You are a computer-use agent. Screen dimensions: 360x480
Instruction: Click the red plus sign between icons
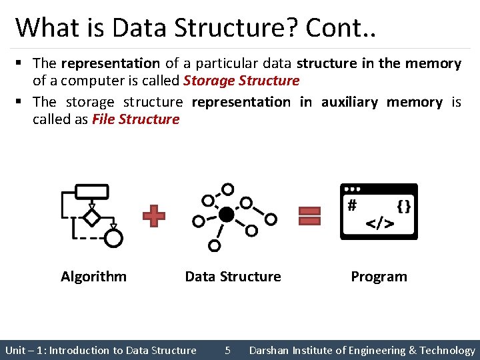tap(154, 216)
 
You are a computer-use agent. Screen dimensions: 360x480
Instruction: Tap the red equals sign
tap(309, 216)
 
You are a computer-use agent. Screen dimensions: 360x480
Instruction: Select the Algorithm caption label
tap(93, 277)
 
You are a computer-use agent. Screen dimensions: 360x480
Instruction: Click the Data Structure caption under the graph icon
tap(233, 277)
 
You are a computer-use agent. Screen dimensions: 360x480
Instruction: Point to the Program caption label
tap(379, 277)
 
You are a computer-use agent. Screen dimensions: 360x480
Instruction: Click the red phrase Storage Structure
tap(241, 81)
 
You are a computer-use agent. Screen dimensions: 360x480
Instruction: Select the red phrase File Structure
tap(136, 120)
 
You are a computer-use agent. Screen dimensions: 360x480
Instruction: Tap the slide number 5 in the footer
tap(227, 351)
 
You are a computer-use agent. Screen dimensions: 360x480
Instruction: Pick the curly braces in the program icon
tap(403, 206)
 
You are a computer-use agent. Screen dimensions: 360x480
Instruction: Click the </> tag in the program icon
tap(380, 223)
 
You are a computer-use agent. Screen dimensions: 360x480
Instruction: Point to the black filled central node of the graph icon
tap(227, 215)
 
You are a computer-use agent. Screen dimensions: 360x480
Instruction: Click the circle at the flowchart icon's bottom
tap(114, 237)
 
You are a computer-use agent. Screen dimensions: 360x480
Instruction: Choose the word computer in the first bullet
tap(88, 81)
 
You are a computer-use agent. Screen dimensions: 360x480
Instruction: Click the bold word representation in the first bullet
tap(110, 64)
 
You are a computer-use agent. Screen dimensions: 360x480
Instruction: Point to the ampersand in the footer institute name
tap(413, 351)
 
